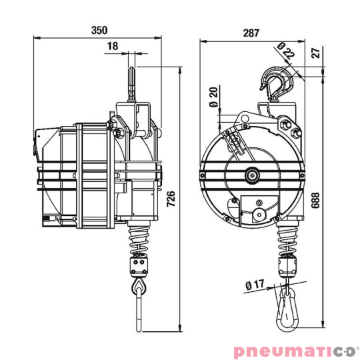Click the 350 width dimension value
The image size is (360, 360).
coord(99,31)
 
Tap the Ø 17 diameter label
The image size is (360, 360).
coord(256,285)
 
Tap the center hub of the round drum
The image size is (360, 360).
coord(254,175)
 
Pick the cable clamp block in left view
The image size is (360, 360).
coord(139,266)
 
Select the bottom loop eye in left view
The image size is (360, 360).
coord(138,287)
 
